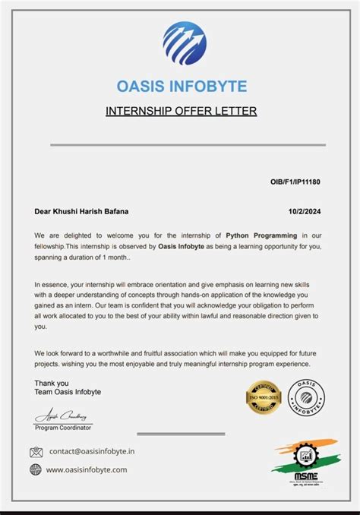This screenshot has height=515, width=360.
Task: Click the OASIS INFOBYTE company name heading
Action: pyautogui.click(x=182, y=86)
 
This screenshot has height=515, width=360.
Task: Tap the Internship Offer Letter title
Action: pyautogui.click(x=181, y=111)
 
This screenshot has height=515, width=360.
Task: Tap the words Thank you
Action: pyautogui.click(x=52, y=384)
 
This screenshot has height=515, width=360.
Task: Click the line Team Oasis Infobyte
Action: pyautogui.click(x=68, y=392)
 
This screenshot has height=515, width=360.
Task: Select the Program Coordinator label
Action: pyautogui.click(x=63, y=428)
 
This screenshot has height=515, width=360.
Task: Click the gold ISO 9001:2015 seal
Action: pyautogui.click(x=264, y=397)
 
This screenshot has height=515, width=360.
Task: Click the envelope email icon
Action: pyautogui.click(x=36, y=452)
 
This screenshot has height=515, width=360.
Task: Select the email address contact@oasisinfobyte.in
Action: pyautogui.click(x=92, y=451)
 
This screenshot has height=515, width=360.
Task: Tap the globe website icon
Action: pyautogui.click(x=36, y=469)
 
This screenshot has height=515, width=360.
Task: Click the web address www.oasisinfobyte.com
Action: pyautogui.click(x=87, y=469)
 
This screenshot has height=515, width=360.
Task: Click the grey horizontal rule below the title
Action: pyautogui.click(x=188, y=144)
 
